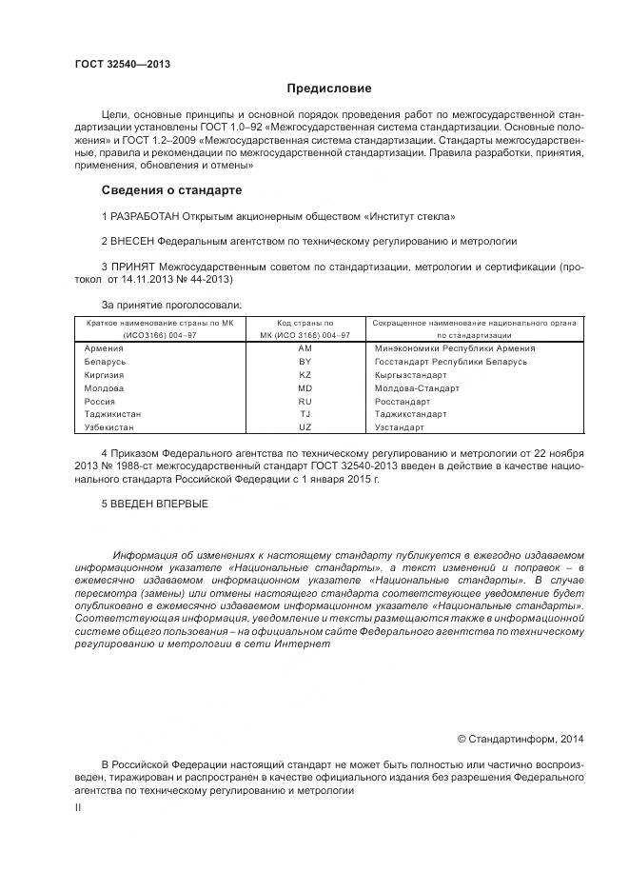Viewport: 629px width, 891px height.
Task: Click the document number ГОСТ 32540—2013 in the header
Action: tap(122, 65)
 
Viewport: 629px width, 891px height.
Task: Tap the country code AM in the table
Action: tap(305, 348)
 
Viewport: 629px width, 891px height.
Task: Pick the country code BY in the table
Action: tap(305, 362)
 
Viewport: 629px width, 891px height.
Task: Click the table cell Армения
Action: tap(104, 348)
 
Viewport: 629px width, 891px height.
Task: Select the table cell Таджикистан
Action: tap(113, 415)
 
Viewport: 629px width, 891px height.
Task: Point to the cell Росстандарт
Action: tap(403, 402)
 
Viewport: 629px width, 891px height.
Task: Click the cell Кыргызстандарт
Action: tap(411, 375)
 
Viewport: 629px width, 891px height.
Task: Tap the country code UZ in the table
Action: tap(305, 428)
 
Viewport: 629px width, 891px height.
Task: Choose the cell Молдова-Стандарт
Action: tap(417, 388)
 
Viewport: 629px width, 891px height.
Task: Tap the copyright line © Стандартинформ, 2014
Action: tap(521, 738)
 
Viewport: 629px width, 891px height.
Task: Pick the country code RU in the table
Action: tap(305, 402)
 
